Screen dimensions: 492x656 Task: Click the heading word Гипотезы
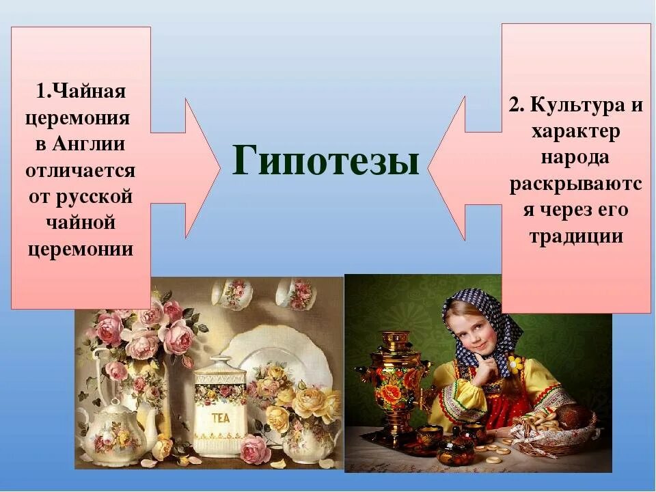[325, 162]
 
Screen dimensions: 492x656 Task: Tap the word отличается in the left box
[81, 170]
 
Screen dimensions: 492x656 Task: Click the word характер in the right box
[576, 132]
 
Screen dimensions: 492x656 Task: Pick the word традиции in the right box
[576, 236]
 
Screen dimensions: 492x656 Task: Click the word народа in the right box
[576, 158]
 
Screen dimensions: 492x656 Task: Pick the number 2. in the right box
[515, 106]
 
